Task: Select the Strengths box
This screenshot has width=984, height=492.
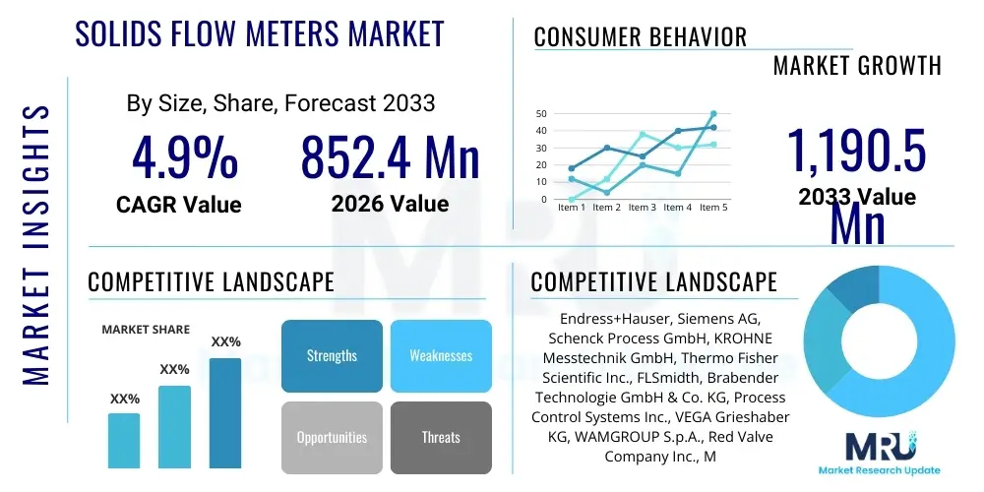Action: tap(332, 355)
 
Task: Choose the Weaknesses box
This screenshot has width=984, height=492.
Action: tap(441, 355)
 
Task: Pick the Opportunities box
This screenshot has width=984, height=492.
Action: tap(332, 437)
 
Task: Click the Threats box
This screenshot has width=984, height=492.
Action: tap(441, 437)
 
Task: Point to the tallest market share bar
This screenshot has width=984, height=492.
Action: tap(225, 412)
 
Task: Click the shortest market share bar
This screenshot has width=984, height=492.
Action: tap(124, 440)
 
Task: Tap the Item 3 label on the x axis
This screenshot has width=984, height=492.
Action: tap(642, 208)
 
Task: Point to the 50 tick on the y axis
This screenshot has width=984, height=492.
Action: tap(541, 113)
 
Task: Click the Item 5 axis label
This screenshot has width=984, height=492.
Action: tap(711, 208)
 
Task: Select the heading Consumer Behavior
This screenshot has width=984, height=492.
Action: tap(641, 37)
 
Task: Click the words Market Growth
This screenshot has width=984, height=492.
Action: tap(857, 66)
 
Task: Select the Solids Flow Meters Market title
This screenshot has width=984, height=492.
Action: tap(261, 34)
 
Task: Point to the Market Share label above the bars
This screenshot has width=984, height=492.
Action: tap(147, 330)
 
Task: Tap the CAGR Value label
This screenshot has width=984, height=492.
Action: tap(178, 205)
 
